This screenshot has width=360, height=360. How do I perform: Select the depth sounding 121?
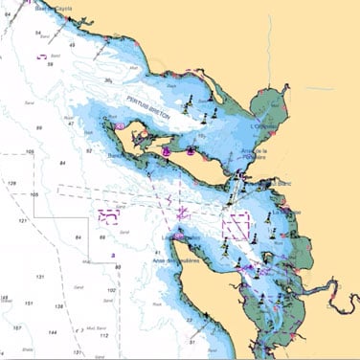[x=23, y=220]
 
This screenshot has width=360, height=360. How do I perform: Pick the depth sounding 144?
[x=52, y=332]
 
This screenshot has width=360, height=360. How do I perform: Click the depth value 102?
[x=111, y=289]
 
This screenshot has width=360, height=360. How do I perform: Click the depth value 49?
[x=73, y=45]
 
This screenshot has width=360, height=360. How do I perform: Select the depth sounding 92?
[x=88, y=151]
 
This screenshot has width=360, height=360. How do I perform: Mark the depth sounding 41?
[x=156, y=252]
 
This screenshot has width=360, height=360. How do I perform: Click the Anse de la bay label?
[x=255, y=153]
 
